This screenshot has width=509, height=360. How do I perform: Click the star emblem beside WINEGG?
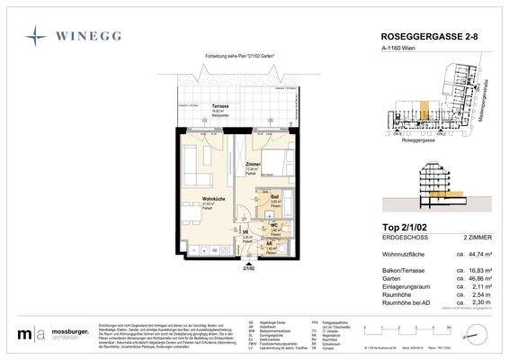(x=36, y=36)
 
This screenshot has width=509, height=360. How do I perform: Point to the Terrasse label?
(x=219, y=106)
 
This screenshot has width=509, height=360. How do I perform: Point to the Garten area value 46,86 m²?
(x=476, y=280)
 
